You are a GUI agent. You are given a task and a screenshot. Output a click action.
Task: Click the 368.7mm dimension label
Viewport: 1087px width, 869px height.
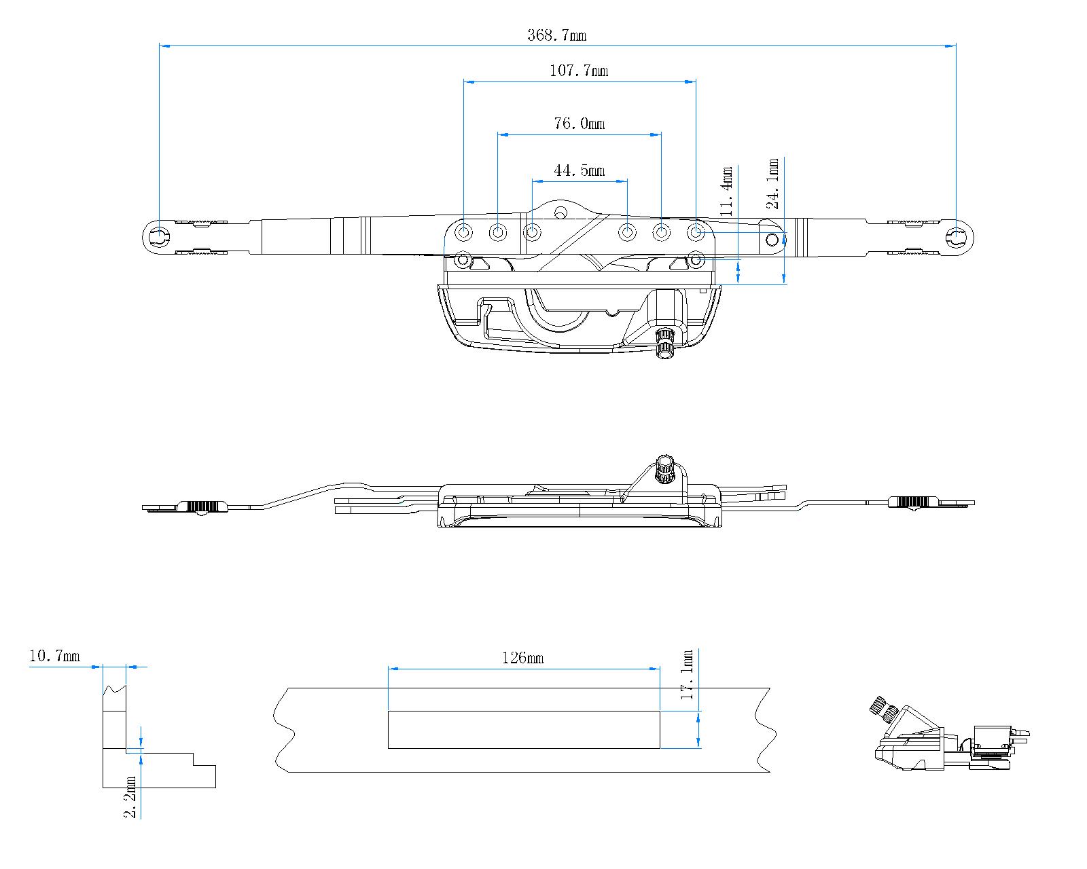[x=556, y=35]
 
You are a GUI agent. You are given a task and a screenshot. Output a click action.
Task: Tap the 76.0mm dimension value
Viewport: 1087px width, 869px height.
[x=579, y=124]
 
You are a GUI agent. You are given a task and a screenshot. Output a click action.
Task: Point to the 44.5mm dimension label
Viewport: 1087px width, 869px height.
[x=579, y=170]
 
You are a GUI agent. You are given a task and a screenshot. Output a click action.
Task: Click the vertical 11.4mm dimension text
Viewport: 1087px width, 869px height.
[x=727, y=191]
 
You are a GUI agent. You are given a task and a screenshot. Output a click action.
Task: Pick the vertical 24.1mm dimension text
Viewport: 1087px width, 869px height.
[x=772, y=183]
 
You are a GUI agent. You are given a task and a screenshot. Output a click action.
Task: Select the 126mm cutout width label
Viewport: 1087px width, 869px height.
[x=522, y=658]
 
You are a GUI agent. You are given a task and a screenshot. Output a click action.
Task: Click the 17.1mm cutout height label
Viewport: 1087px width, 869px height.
[x=688, y=675]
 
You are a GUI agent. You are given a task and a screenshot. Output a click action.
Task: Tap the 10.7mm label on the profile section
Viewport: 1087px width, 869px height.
[x=54, y=656]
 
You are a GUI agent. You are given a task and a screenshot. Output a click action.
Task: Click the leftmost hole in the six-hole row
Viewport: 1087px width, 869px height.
[x=465, y=233]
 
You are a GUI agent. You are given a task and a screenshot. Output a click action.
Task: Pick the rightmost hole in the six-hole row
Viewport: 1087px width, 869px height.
[x=696, y=233]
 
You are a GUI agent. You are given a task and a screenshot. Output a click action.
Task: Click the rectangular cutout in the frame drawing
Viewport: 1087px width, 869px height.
[x=523, y=730]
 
